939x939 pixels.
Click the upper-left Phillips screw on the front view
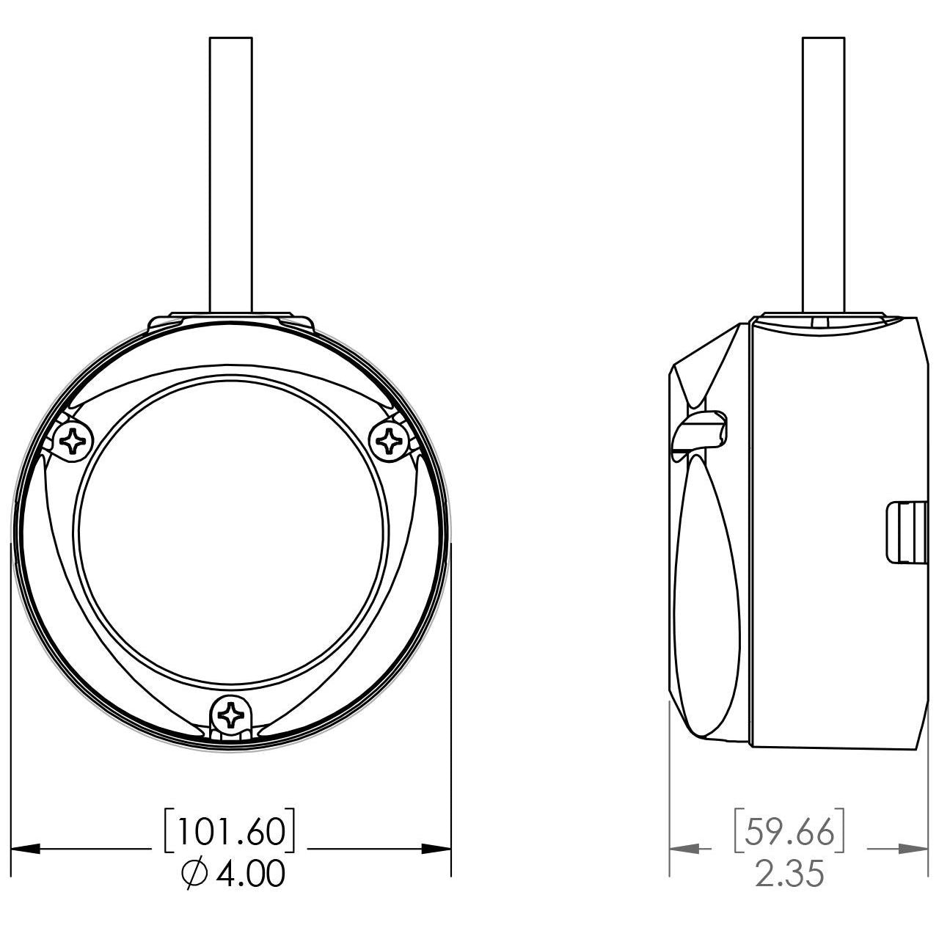click(73, 441)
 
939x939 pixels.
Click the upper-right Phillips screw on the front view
click(390, 441)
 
